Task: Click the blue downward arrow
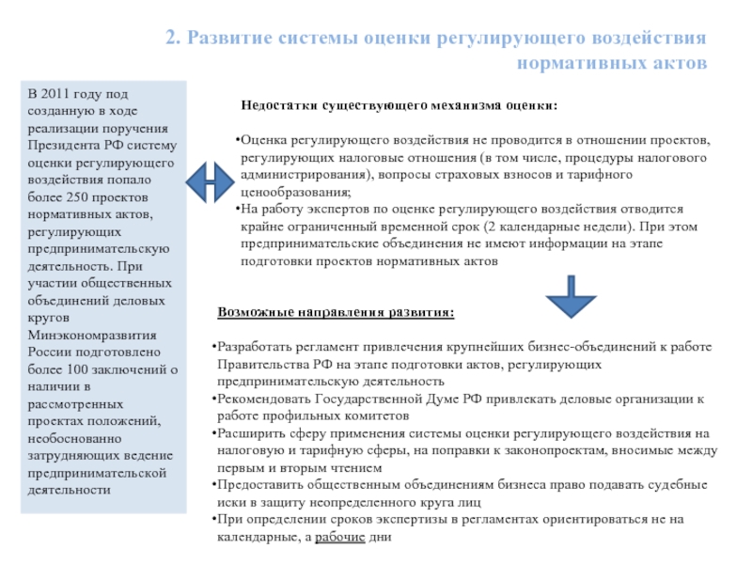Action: pos(571,295)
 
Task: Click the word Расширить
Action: pos(249,433)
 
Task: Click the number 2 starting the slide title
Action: pos(170,39)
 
